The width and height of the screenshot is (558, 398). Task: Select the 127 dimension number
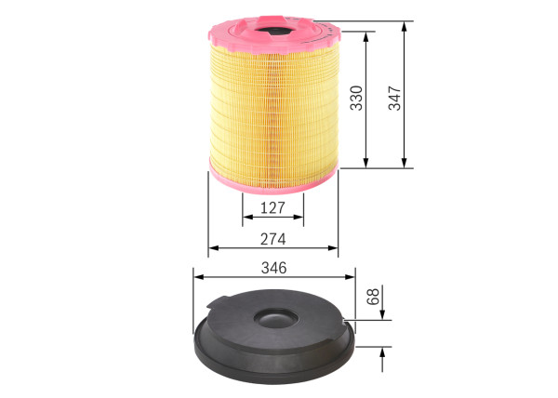click(272, 206)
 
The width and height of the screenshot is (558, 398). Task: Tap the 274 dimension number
click(272, 238)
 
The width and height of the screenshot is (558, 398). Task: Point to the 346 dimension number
click(273, 267)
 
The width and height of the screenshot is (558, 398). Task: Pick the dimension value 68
click(373, 299)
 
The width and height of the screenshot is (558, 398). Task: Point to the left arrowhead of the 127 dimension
click(246, 218)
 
